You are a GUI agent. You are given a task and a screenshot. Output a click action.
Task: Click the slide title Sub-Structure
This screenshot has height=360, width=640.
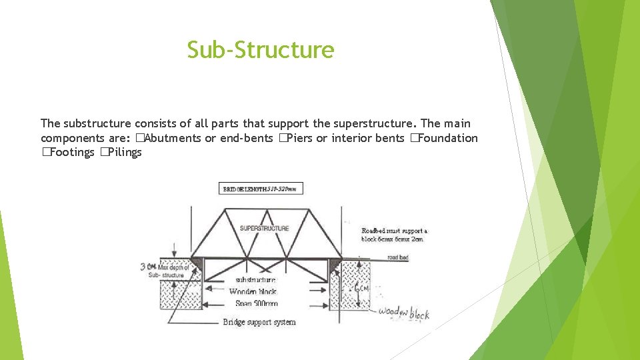click(x=260, y=50)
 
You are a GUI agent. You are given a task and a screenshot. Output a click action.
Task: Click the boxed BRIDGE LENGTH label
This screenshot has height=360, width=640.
click(x=261, y=189)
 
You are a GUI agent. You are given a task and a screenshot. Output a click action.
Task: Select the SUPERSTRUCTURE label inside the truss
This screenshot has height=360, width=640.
click(x=265, y=228)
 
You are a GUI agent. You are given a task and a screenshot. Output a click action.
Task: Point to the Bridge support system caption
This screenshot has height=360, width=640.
click(x=259, y=322)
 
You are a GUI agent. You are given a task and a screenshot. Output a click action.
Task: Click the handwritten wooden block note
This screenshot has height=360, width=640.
click(x=403, y=312)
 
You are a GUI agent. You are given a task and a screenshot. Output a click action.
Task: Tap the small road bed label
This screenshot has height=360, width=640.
click(x=397, y=257)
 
